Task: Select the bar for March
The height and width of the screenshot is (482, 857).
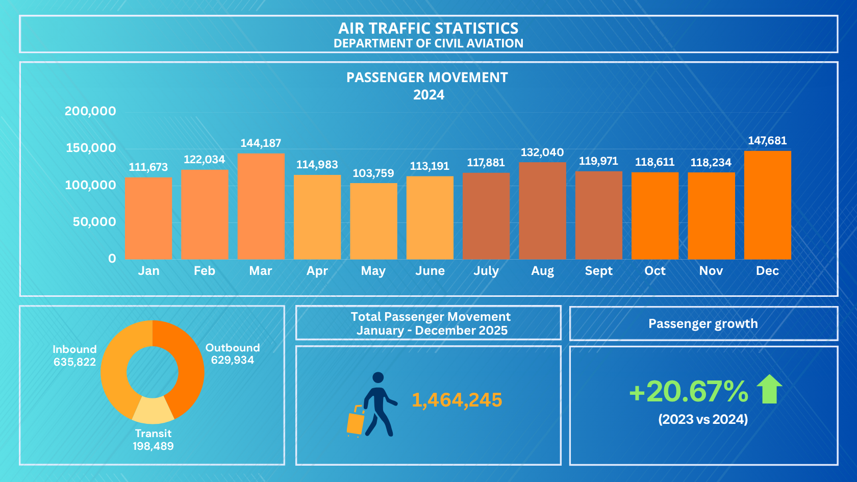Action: coord(261,206)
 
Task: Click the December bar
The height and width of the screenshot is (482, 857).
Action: coord(767,205)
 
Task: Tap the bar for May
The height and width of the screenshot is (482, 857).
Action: coord(373,221)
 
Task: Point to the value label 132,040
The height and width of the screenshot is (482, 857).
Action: coord(542,152)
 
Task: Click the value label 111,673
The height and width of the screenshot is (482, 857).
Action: coord(148,167)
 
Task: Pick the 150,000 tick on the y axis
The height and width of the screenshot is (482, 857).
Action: coord(91,148)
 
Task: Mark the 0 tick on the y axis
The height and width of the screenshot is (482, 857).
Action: coord(112,259)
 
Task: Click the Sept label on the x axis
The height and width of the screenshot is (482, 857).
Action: coord(599,271)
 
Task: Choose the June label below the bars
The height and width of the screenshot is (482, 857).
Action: coord(430,271)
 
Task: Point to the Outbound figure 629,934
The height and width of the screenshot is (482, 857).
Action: coord(233,360)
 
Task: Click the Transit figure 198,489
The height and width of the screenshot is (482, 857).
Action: coord(153,446)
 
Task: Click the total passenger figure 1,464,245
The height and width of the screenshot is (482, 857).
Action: coord(457,400)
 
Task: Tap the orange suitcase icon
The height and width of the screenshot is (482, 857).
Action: coord(356,421)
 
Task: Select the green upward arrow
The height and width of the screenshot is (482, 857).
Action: coord(769,389)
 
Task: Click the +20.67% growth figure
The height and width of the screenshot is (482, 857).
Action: coord(689,391)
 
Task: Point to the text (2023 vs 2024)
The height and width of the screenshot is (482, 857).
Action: coord(703,419)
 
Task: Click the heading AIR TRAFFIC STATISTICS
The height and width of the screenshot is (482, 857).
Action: coord(428,29)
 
